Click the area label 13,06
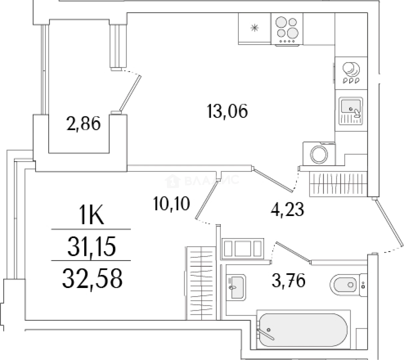pyautogui.click(x=227, y=111)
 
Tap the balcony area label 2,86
pyautogui.click(x=83, y=124)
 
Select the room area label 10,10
pyautogui.click(x=172, y=204)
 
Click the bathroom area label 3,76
pyautogui.click(x=288, y=280)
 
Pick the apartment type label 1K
pyautogui.click(x=92, y=215)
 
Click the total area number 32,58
pyautogui.click(x=92, y=279)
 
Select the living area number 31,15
pyautogui.click(x=92, y=246)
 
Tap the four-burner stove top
pyautogui.click(x=287, y=30)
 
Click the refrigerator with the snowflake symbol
pyautogui.click(x=255, y=29)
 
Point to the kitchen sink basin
pyautogui.click(x=351, y=106)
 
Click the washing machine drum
pyautogui.click(x=319, y=154)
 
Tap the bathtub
pyautogui.click(x=303, y=332)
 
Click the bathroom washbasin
pyautogui.click(x=236, y=287)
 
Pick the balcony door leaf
pyautogui.click(x=130, y=93)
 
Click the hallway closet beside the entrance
pyautogui.click(x=338, y=183)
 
